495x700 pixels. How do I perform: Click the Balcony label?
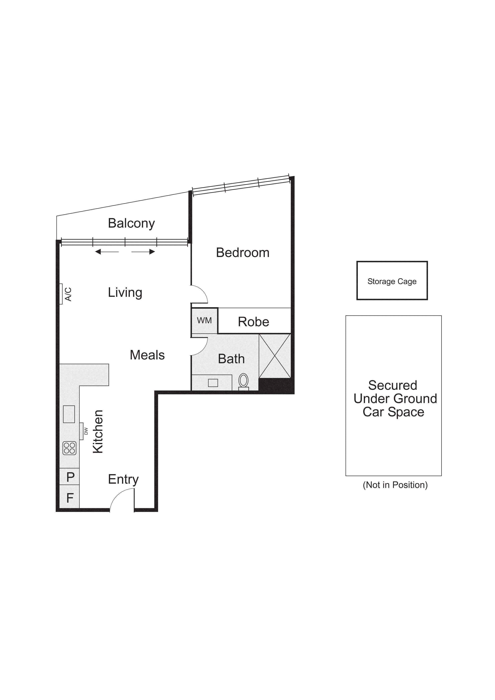click(131, 224)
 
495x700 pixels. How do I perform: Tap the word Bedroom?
click(243, 253)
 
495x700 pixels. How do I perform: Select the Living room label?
click(125, 292)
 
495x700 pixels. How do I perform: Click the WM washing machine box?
click(204, 320)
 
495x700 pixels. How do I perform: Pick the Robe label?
click(253, 322)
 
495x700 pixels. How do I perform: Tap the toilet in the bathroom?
click(243, 381)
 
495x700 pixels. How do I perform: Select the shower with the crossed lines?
click(274, 356)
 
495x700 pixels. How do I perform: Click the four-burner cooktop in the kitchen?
click(69, 448)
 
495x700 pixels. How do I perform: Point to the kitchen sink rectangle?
click(69, 414)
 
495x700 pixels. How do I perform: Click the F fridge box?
click(70, 498)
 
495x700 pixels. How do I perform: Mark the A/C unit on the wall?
click(62, 294)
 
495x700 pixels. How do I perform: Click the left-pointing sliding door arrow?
click(107, 252)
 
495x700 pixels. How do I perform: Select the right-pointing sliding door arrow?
click(143, 252)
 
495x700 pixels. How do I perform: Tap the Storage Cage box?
click(392, 280)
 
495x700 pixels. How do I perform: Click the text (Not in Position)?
click(395, 485)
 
